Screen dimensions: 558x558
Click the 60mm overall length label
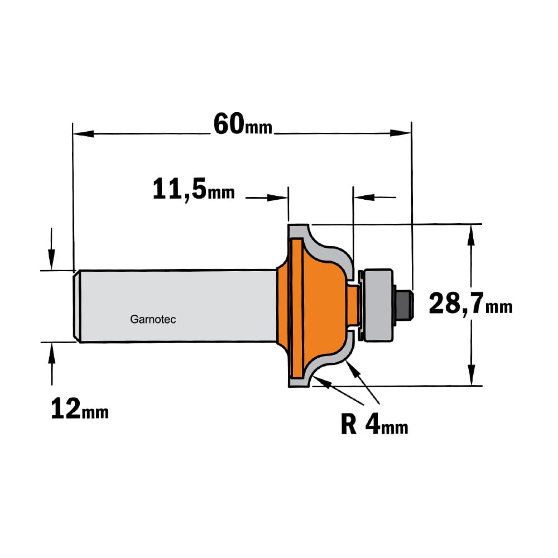pyautogui.click(x=243, y=124)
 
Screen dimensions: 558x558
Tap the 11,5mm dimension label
pyautogui.click(x=194, y=189)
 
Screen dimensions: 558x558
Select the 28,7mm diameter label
pyautogui.click(x=470, y=304)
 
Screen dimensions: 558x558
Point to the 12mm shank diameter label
pyautogui.click(x=80, y=408)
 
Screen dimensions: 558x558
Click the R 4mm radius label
pyautogui.click(x=374, y=424)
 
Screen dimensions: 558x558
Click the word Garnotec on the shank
pyautogui.click(x=153, y=319)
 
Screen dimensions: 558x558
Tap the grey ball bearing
pyautogui.click(x=377, y=305)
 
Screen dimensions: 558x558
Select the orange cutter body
pyautogui.click(x=313, y=306)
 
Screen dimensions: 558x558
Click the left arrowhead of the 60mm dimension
pyautogui.click(x=83, y=134)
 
